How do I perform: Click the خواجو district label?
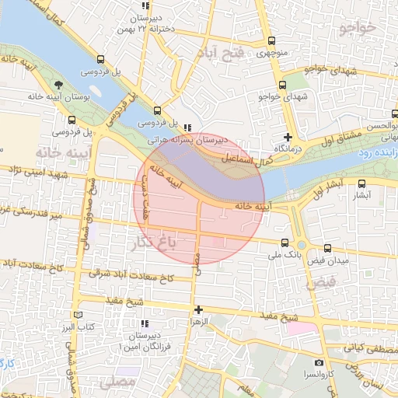pyautogui.click(x=357, y=28)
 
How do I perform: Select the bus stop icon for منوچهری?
pyautogui.click(x=271, y=41)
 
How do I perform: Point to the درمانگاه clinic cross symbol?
pyautogui.click(x=288, y=137)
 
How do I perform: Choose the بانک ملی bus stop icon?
pyautogui.click(x=285, y=243)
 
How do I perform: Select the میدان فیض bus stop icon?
pyautogui.click(x=327, y=249)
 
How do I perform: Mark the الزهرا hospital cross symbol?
pyautogui.click(x=199, y=309)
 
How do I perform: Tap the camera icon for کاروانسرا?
pyautogui.click(x=319, y=363)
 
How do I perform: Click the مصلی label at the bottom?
pyautogui.click(x=117, y=382)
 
